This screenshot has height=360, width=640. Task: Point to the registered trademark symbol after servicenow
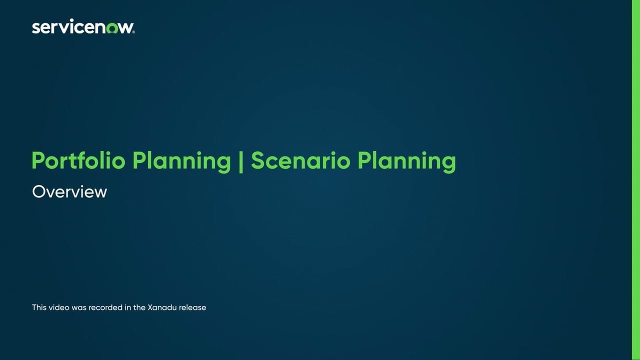pyautogui.click(x=133, y=31)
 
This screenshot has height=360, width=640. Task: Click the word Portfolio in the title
pyautogui.click(x=78, y=161)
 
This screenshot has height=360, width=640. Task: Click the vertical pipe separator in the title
pyautogui.click(x=241, y=161)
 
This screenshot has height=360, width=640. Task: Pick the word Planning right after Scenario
pyautogui.click(x=406, y=161)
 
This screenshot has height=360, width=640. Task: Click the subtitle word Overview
pyautogui.click(x=69, y=192)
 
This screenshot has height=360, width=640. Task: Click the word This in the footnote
pyautogui.click(x=39, y=307)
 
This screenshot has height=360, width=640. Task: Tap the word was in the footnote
pyautogui.click(x=79, y=307)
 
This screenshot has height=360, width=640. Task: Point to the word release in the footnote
pyautogui.click(x=192, y=307)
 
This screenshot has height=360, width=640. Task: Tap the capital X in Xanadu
pyautogui.click(x=150, y=307)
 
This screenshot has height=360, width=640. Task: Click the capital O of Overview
pyautogui.click(x=38, y=192)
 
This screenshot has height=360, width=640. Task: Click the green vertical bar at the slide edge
pyautogui.click(x=636, y=180)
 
